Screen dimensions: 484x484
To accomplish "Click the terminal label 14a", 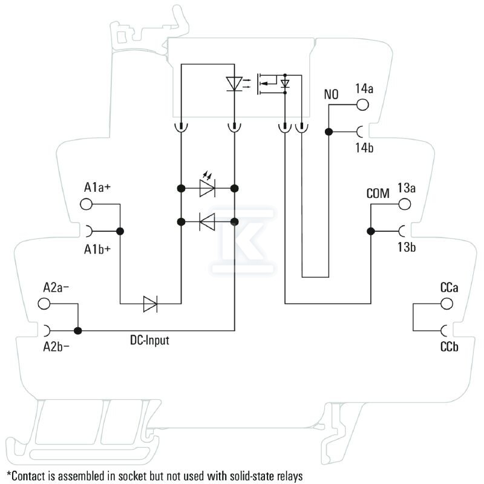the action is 364,88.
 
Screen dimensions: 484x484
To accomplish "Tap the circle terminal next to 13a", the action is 404,204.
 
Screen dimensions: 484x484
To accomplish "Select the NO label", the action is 331,94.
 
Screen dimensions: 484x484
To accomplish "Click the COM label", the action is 378,194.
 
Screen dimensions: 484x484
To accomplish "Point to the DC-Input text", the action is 149,340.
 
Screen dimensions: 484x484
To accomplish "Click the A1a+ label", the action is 97,187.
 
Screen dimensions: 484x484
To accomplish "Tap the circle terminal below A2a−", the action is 44,304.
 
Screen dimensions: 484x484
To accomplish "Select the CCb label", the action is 449,347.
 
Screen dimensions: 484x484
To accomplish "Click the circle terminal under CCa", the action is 446,304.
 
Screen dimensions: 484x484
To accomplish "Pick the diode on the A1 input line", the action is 150,304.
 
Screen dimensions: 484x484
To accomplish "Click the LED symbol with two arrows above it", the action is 208,185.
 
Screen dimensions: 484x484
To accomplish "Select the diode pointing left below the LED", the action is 207,221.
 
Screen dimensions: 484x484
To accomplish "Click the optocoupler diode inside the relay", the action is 234,83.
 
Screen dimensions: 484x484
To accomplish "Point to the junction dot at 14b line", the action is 329,132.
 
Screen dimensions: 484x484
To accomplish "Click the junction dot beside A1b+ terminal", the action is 120,231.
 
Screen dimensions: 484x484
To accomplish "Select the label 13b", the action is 407,247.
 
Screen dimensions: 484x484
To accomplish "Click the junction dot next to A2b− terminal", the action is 78,331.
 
